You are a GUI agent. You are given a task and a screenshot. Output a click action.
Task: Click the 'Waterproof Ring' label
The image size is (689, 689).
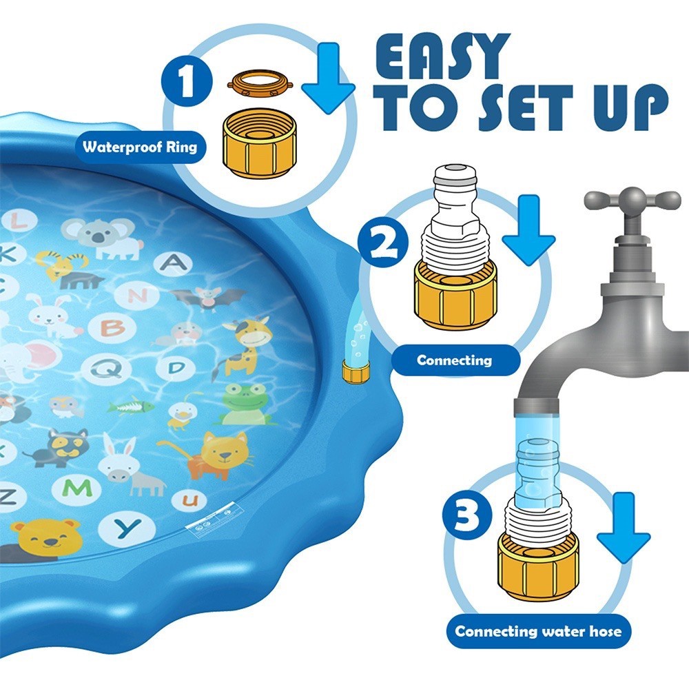(x=140, y=147)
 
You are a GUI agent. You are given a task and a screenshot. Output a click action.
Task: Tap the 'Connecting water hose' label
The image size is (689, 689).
(x=538, y=631)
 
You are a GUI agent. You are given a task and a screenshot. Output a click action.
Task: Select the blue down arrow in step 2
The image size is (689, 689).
(x=528, y=230)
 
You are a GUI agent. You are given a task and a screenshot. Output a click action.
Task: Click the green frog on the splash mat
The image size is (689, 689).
(x=240, y=404)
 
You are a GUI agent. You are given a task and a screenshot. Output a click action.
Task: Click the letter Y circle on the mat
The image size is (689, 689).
(x=127, y=528)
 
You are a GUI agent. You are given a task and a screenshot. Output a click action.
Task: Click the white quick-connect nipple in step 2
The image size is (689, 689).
(x=454, y=211)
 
